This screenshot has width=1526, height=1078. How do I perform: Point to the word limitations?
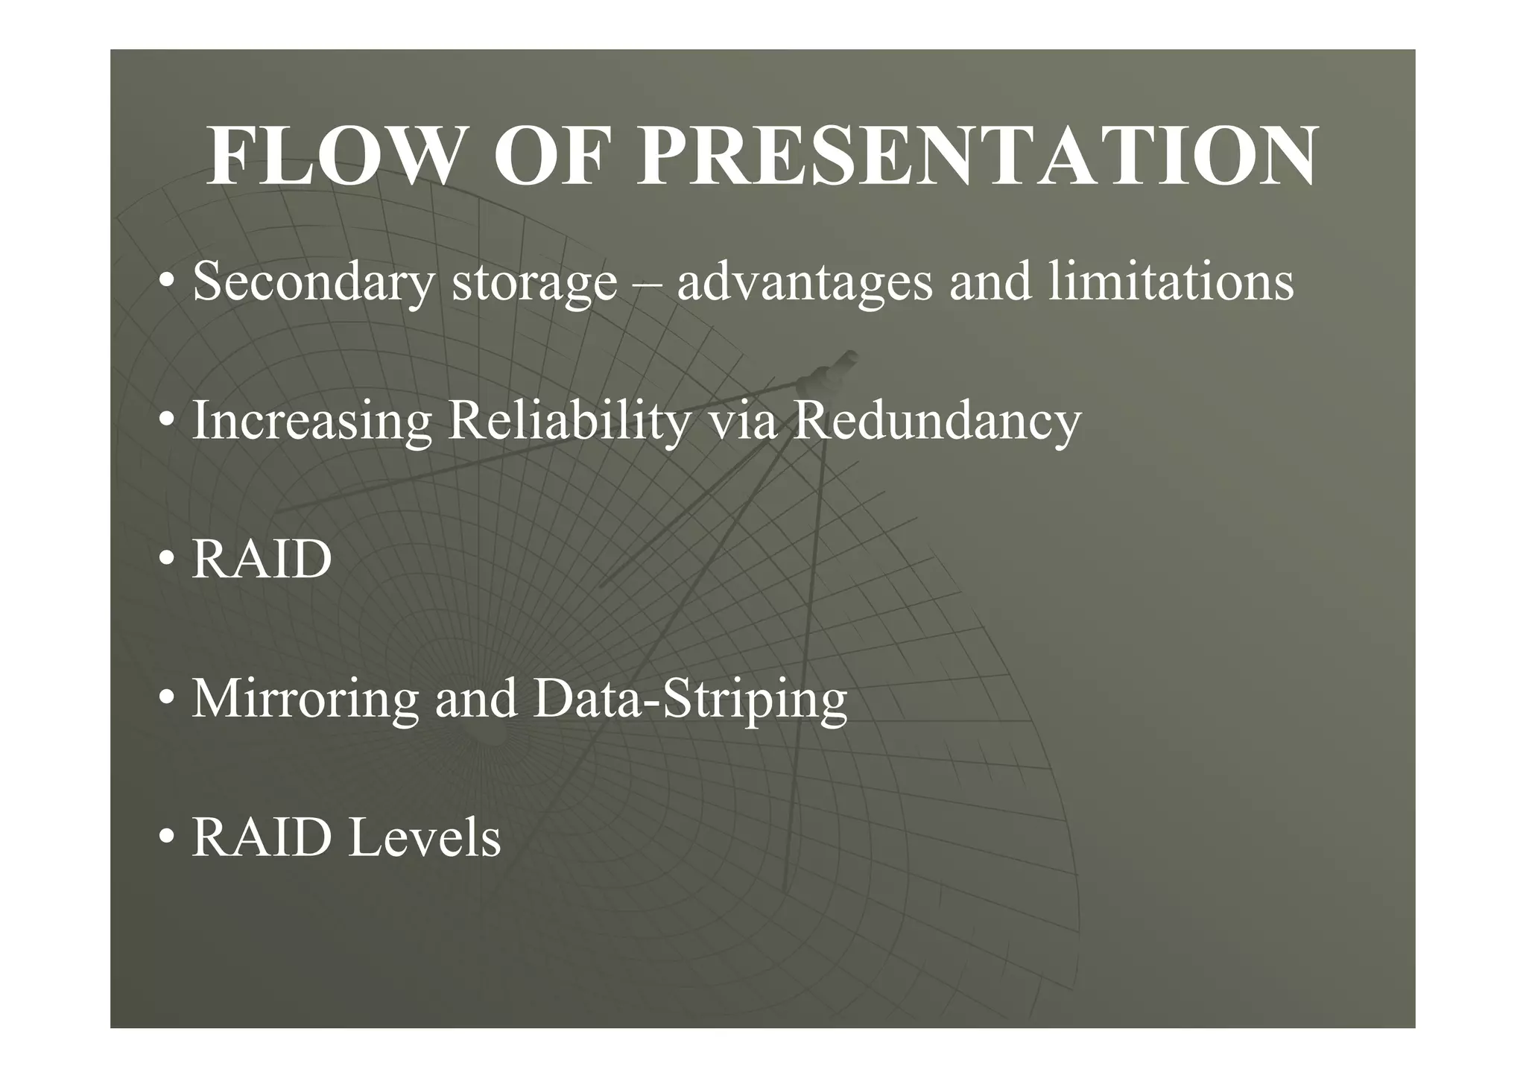click(1171, 282)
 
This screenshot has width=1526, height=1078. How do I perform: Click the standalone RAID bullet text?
click(262, 559)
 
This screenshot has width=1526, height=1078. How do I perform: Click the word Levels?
click(425, 838)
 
